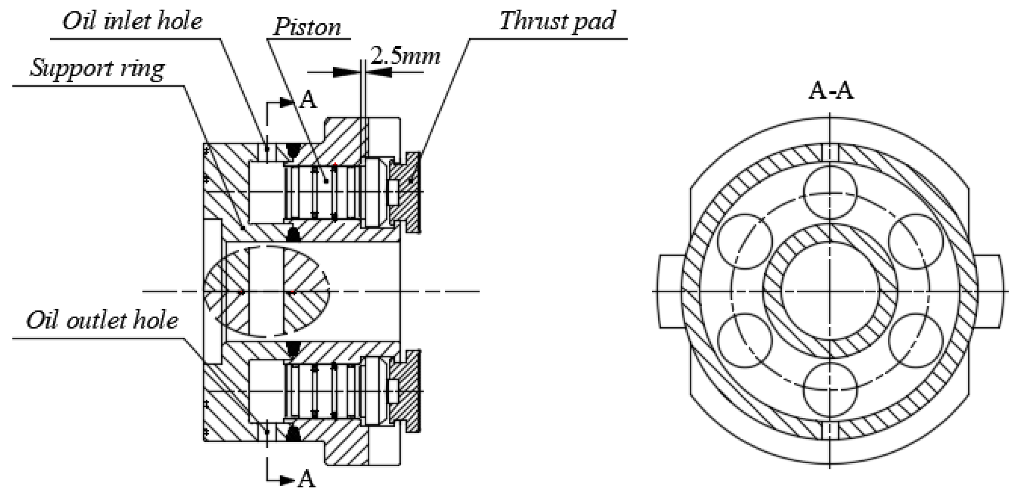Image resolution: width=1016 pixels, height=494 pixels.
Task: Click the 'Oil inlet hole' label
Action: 132,21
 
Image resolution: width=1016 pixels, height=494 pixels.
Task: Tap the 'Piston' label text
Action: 307,27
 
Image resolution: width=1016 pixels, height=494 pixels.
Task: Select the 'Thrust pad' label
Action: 557,21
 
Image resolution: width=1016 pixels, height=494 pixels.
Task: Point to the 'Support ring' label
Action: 97,68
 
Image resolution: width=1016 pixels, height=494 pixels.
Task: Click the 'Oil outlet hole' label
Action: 102,321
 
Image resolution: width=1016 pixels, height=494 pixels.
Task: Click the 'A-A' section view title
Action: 831,91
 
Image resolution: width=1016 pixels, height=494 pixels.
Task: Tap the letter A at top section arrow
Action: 308,100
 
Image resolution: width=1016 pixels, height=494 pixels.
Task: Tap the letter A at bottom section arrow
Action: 307,479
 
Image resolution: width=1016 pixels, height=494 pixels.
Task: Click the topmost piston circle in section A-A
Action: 830,193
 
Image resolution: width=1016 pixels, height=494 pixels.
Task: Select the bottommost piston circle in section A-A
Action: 830,389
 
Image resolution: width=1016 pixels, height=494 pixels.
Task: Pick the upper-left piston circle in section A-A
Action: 745,241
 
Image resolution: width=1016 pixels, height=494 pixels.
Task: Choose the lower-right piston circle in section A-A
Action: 916,340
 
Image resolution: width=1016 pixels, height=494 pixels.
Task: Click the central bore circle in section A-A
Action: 830,291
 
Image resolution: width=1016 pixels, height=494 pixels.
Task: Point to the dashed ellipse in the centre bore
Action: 267,291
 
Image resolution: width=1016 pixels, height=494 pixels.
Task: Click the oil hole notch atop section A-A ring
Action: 830,152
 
